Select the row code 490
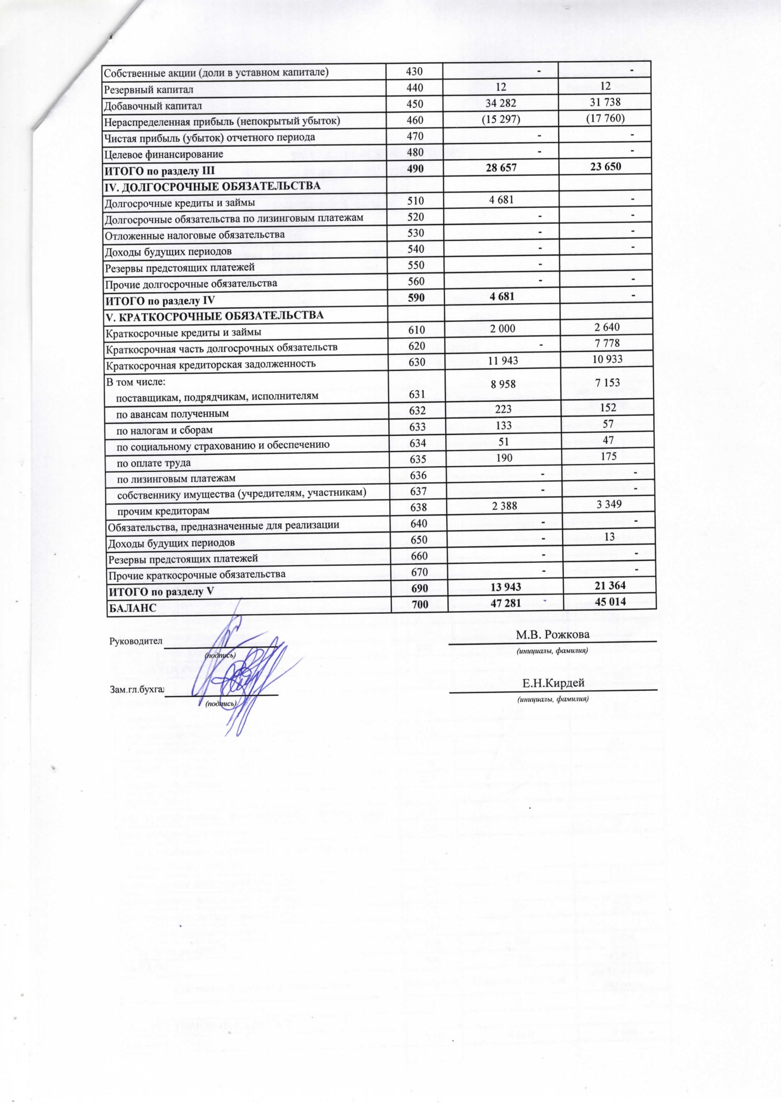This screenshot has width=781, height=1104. click(x=415, y=169)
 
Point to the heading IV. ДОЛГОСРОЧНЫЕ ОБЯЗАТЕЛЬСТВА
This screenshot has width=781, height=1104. click(x=212, y=186)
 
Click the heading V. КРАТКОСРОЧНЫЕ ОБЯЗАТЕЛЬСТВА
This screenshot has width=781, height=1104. click(x=214, y=315)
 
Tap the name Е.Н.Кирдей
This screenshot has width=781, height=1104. click(x=553, y=683)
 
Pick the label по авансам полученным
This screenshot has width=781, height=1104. click(x=173, y=413)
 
